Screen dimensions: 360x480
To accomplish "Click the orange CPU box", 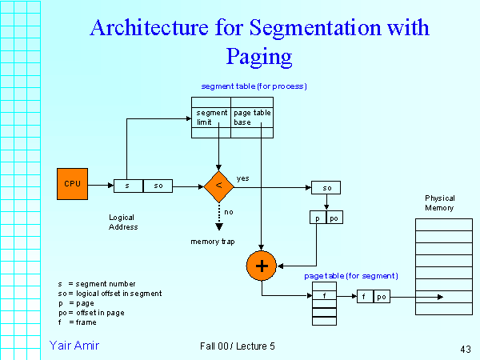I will pyautogui.click(x=72, y=184).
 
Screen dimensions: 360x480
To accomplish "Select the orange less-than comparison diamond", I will pyautogui.click(x=218, y=186).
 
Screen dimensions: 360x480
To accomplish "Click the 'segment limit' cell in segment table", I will pyautogui.click(x=212, y=118).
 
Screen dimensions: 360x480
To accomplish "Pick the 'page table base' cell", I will pyautogui.click(x=252, y=118).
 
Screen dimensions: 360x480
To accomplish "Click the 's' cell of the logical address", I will pyautogui.click(x=128, y=186).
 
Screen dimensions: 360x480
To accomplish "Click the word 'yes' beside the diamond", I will pyautogui.click(x=243, y=178).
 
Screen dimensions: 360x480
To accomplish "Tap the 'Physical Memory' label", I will pyautogui.click(x=439, y=202).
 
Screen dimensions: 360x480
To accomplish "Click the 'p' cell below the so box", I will pyautogui.click(x=318, y=217).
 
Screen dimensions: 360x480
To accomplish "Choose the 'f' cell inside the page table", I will pyautogui.click(x=324, y=296).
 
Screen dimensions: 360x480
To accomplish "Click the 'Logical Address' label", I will pyautogui.click(x=123, y=222).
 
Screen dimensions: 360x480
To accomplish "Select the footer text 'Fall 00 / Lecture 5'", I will pyautogui.click(x=238, y=346).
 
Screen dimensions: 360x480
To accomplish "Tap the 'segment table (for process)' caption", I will pyautogui.click(x=254, y=86).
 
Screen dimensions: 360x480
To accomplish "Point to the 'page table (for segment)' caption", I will pyautogui.click(x=351, y=276).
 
